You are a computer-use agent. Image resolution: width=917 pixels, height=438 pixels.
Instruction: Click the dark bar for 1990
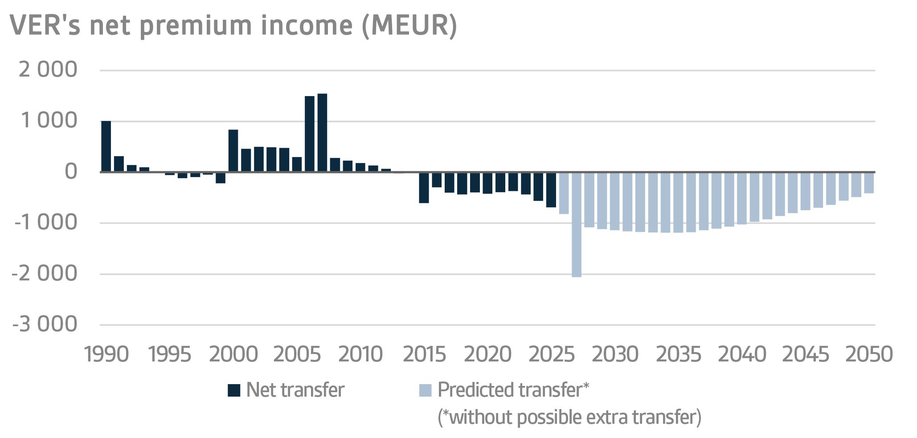tap(106, 146)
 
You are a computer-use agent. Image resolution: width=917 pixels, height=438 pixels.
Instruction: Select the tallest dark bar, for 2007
tap(322, 133)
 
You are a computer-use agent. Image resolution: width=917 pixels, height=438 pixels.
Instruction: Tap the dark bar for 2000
tap(233, 151)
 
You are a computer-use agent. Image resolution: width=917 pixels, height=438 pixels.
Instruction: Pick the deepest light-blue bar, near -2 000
tap(576, 225)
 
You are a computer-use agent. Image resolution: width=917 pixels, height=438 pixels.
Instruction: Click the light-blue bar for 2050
tap(868, 182)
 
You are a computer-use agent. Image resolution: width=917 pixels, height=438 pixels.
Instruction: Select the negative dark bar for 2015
tap(424, 187)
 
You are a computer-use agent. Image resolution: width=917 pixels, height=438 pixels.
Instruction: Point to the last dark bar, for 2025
tap(551, 190)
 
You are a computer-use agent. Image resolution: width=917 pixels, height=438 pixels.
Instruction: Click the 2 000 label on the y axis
tap(48, 70)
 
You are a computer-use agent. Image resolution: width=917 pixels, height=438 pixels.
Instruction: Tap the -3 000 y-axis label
tap(45, 324)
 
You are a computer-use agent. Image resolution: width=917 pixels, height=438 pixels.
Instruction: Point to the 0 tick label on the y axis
tap(71, 172)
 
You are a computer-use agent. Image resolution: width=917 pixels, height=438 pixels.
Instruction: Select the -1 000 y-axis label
tap(46, 223)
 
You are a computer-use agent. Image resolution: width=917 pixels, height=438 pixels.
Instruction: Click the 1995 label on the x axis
tap(169, 355)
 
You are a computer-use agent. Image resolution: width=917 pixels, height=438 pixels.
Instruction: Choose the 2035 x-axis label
tap(678, 355)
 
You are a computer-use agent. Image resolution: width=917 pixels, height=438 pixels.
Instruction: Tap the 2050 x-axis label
tap(868, 355)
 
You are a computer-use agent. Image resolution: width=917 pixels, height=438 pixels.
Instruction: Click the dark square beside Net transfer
tap(234, 390)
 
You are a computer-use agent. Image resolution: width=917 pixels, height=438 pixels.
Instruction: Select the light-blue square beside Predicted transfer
tap(426, 390)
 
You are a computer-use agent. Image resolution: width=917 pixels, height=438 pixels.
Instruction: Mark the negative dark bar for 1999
tap(221, 178)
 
